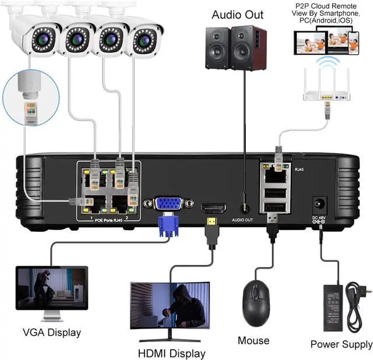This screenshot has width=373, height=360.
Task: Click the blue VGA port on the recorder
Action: coord(167,204)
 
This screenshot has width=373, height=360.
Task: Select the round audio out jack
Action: coord(245,207)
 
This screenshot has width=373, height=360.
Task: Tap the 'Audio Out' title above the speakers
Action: coord(237,15)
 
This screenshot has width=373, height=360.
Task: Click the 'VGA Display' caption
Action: coord(51,333)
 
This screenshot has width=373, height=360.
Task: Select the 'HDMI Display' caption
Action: coord(171,353)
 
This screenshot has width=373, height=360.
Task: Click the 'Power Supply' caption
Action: coord(341,344)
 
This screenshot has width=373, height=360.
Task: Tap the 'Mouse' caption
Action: coord(254,340)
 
